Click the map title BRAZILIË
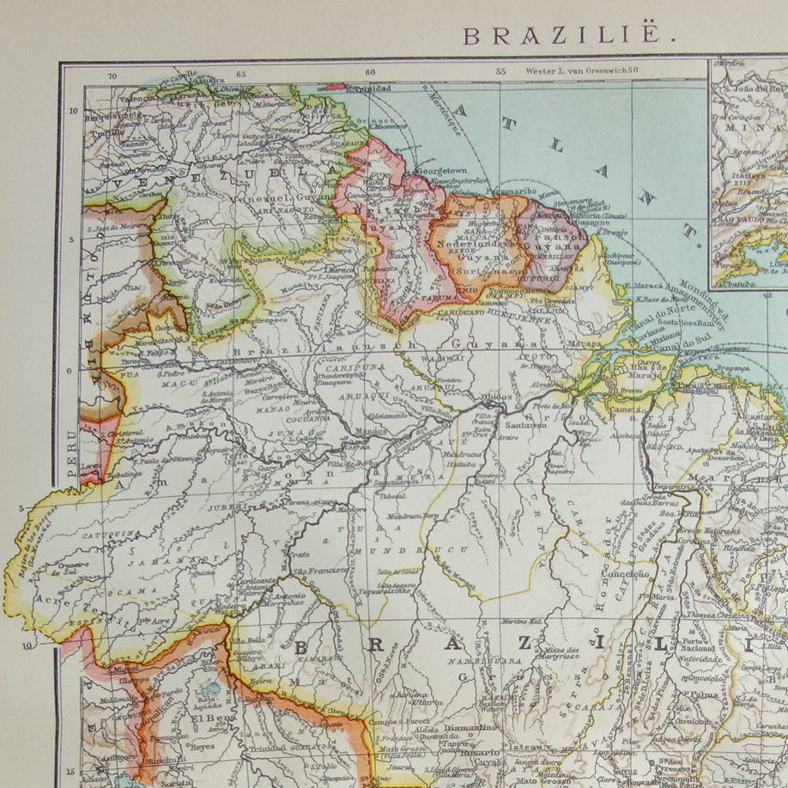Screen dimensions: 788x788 [563, 35]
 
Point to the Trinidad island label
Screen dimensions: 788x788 [372, 88]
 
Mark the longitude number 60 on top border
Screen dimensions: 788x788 [370, 73]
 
